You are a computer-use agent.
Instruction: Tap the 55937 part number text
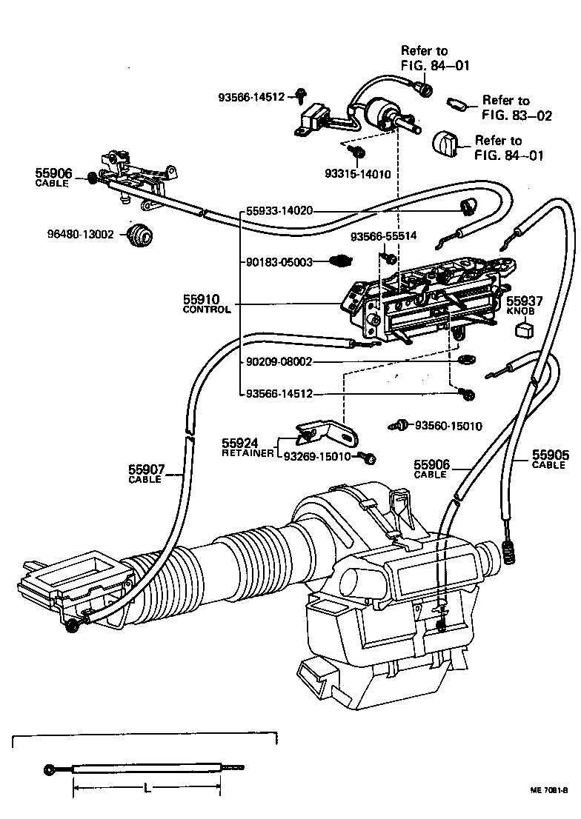(525, 301)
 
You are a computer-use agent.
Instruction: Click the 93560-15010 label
(448, 426)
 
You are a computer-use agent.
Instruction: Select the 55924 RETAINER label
(248, 447)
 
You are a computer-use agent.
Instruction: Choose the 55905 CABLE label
(550, 459)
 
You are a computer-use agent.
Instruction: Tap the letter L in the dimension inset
(148, 789)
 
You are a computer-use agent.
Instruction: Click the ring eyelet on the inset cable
(49, 769)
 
